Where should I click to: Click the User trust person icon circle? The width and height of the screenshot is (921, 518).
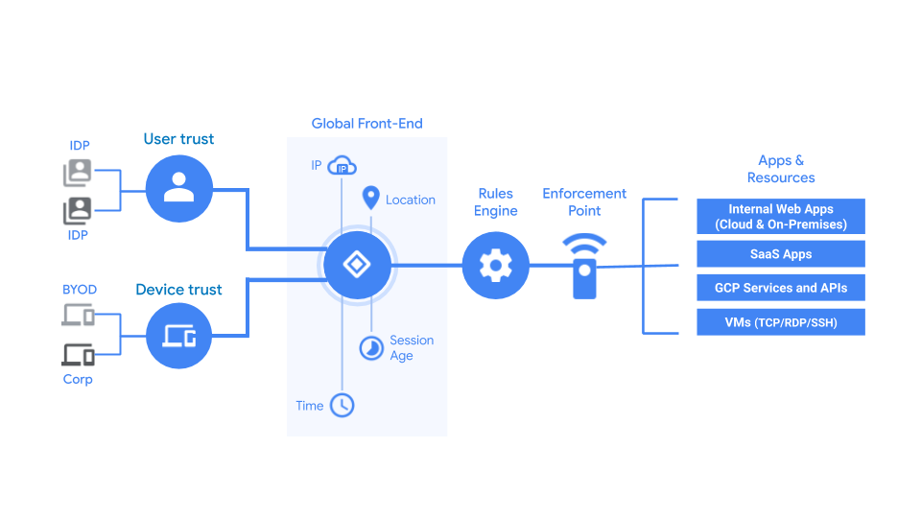[x=178, y=189]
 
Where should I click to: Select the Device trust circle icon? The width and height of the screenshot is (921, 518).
[x=178, y=335]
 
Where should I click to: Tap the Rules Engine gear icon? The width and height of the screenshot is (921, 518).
[x=495, y=265]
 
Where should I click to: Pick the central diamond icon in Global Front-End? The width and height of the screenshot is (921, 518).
[x=357, y=265]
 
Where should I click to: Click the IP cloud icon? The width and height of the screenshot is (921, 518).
[x=342, y=167]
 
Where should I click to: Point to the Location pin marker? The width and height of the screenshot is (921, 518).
[x=370, y=199]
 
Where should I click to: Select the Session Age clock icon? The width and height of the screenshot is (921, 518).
[x=371, y=347]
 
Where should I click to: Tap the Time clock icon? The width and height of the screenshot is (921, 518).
[x=342, y=405]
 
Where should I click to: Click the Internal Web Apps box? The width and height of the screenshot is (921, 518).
[x=781, y=217]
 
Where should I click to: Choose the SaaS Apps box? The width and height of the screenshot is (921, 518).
[x=781, y=254]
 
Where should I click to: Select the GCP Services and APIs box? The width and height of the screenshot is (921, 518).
[x=781, y=288]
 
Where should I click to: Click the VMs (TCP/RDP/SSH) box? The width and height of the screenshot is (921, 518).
[x=781, y=322]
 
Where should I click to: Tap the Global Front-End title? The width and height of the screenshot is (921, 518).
[x=366, y=124]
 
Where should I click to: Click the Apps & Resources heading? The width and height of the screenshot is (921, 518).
[x=781, y=169]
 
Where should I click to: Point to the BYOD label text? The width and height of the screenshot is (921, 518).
[x=80, y=290]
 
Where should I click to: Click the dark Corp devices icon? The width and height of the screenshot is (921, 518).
[x=79, y=354]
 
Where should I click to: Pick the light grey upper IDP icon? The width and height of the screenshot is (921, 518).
[x=78, y=173]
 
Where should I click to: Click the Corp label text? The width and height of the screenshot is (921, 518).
[x=78, y=379]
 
